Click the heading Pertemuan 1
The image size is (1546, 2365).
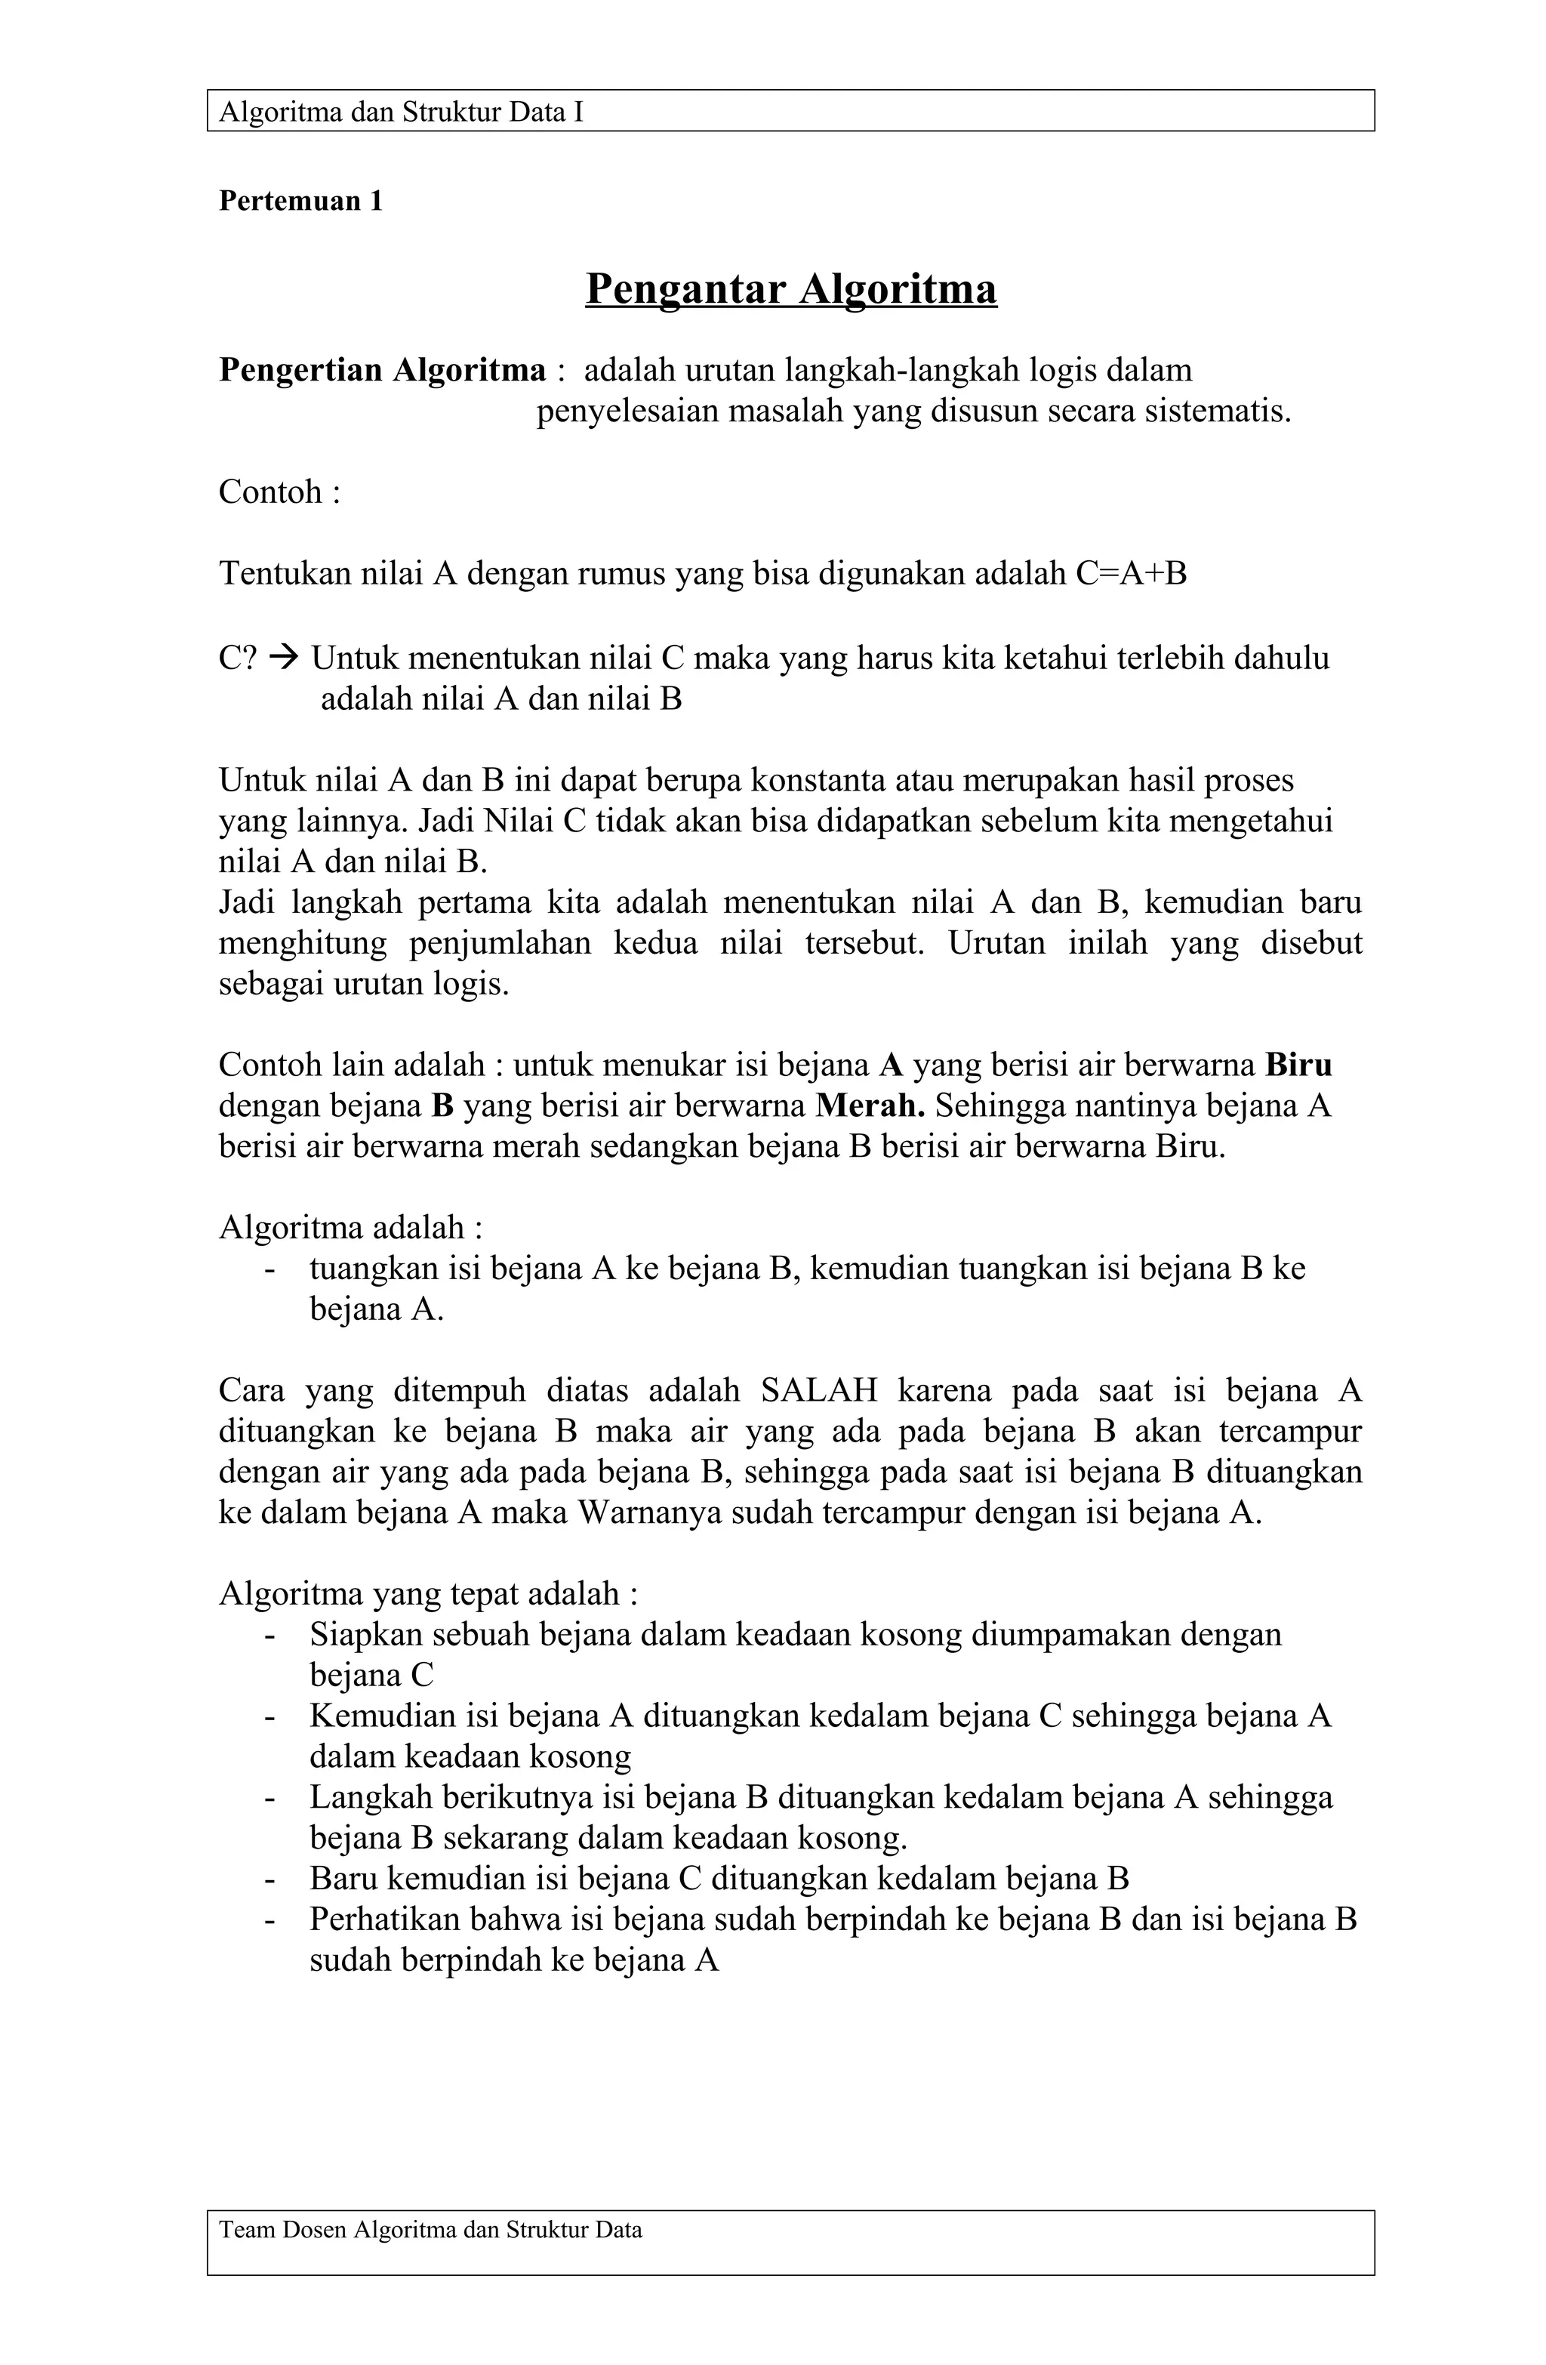pos(300,202)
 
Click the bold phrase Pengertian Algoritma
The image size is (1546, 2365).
pos(381,370)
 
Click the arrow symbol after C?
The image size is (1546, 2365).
pos(283,658)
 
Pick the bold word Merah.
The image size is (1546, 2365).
pos(870,1105)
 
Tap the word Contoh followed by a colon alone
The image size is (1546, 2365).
pos(279,492)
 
